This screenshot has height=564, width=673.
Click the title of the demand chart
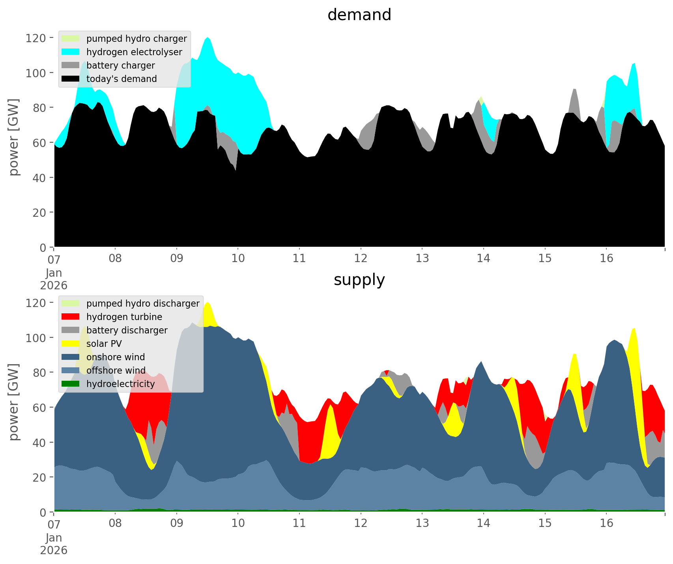point(359,15)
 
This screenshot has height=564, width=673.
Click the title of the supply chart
point(359,280)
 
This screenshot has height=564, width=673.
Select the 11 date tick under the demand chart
point(299,259)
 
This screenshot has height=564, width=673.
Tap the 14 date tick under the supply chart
point(483,523)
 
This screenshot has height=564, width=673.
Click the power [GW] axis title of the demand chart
point(14,137)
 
